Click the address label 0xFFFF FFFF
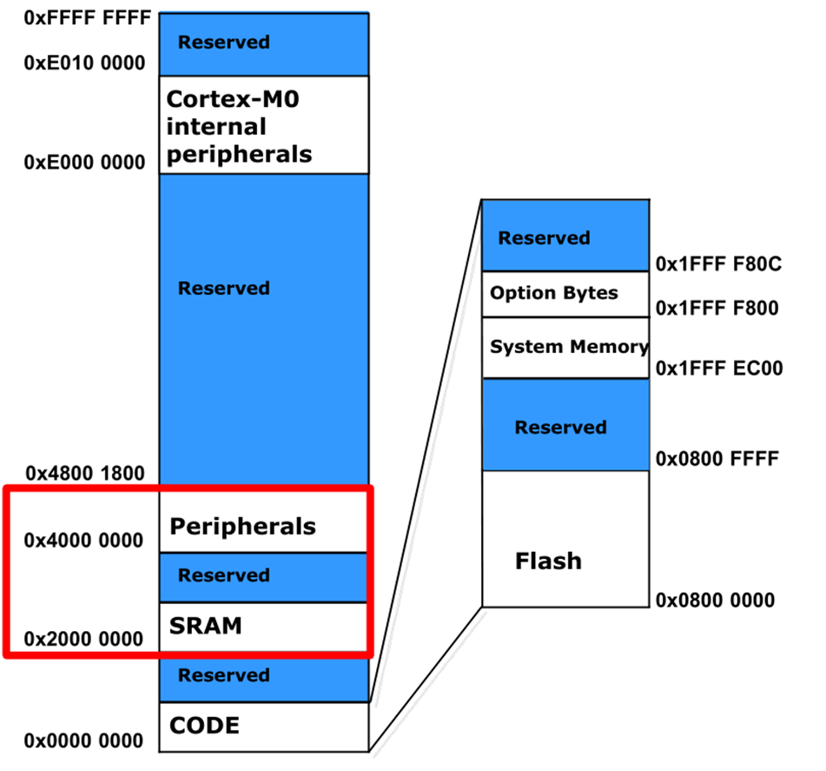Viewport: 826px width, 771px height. [x=76, y=17]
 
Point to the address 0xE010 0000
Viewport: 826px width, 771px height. [x=84, y=63]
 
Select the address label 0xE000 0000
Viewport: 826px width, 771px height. [x=84, y=163]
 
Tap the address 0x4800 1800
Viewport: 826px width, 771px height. [x=84, y=474]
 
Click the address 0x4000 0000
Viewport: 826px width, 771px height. [x=84, y=541]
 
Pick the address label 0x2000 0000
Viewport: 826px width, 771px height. [x=84, y=639]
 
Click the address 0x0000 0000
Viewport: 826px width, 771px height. [x=84, y=741]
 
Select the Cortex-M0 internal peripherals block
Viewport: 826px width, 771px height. [x=263, y=126]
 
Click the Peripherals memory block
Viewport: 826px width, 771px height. [x=263, y=526]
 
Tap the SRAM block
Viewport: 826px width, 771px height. [x=263, y=626]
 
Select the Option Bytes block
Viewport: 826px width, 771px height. [x=565, y=294]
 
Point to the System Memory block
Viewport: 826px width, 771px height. [x=565, y=348]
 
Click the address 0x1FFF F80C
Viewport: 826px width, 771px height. [x=719, y=263]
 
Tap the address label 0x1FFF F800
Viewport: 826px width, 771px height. [x=717, y=308]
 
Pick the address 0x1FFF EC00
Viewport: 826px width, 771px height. [x=719, y=369]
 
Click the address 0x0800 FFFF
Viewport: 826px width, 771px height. [x=716, y=458]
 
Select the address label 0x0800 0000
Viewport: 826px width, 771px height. [x=716, y=601]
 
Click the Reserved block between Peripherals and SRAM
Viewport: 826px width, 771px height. [x=263, y=576]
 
